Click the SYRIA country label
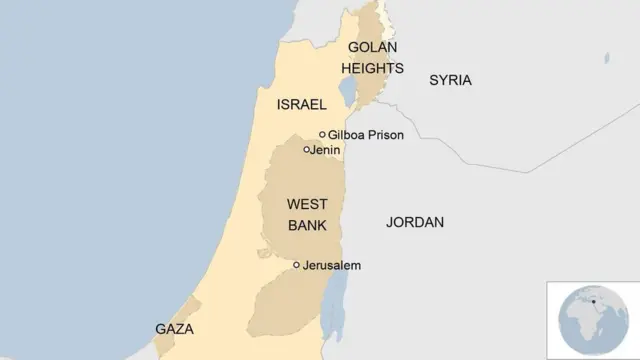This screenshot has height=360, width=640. (450, 80)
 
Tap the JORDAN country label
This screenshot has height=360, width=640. (415, 222)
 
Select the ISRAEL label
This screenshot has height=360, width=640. (301, 103)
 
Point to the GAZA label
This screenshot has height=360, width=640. (174, 328)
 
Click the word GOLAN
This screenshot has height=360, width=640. (372, 48)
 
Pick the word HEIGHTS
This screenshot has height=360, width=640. (372, 68)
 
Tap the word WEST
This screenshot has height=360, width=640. (307, 203)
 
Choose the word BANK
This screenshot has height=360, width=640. (307, 225)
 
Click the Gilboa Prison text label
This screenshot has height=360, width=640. (366, 135)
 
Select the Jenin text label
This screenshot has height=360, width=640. (327, 150)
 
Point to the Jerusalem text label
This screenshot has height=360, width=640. (331, 266)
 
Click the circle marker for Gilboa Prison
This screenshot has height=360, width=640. (322, 134)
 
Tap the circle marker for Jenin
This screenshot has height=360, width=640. (307, 149)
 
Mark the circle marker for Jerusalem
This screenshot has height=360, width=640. (296, 265)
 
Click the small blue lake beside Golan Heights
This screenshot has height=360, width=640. (348, 93)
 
